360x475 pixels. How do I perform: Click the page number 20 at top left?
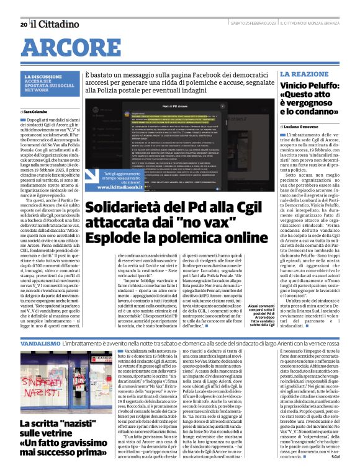pos(24,24)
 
